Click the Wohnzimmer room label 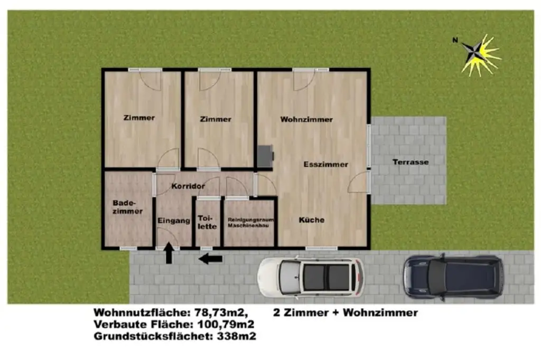pyautogui.click(x=306, y=119)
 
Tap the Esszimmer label pyautogui.click(x=325, y=164)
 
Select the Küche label pyautogui.click(x=311, y=220)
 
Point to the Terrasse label pyautogui.click(x=411, y=162)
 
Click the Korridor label pyautogui.click(x=188, y=186)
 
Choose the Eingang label pyautogui.click(x=174, y=222)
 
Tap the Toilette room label pyautogui.click(x=207, y=222)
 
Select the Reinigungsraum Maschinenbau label pyautogui.click(x=248, y=222)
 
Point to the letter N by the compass pyautogui.click(x=455, y=40)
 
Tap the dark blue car pyautogui.click(x=451, y=275)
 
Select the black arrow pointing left pyautogui.click(x=211, y=259)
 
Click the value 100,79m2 pyautogui.click(x=226, y=324)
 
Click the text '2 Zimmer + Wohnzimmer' pyautogui.click(x=346, y=312)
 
